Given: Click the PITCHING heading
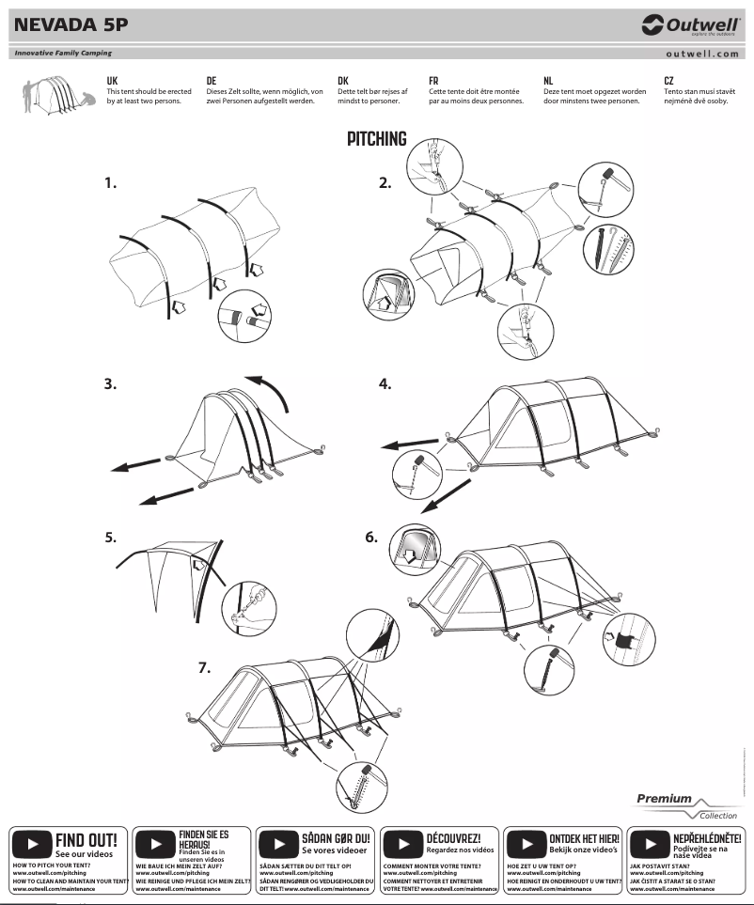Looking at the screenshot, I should click(377, 140).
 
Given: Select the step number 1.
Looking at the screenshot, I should click(111, 184).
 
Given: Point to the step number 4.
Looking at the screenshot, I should click(385, 383).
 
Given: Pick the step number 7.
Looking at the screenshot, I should click(204, 667).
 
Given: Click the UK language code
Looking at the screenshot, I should click(113, 82).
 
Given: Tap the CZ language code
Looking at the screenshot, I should click(668, 82).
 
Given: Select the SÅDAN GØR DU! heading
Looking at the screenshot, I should click(337, 836).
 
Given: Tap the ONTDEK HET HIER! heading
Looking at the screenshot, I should click(584, 836).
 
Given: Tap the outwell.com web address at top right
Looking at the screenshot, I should click(701, 54).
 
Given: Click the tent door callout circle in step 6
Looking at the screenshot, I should click(411, 547).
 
